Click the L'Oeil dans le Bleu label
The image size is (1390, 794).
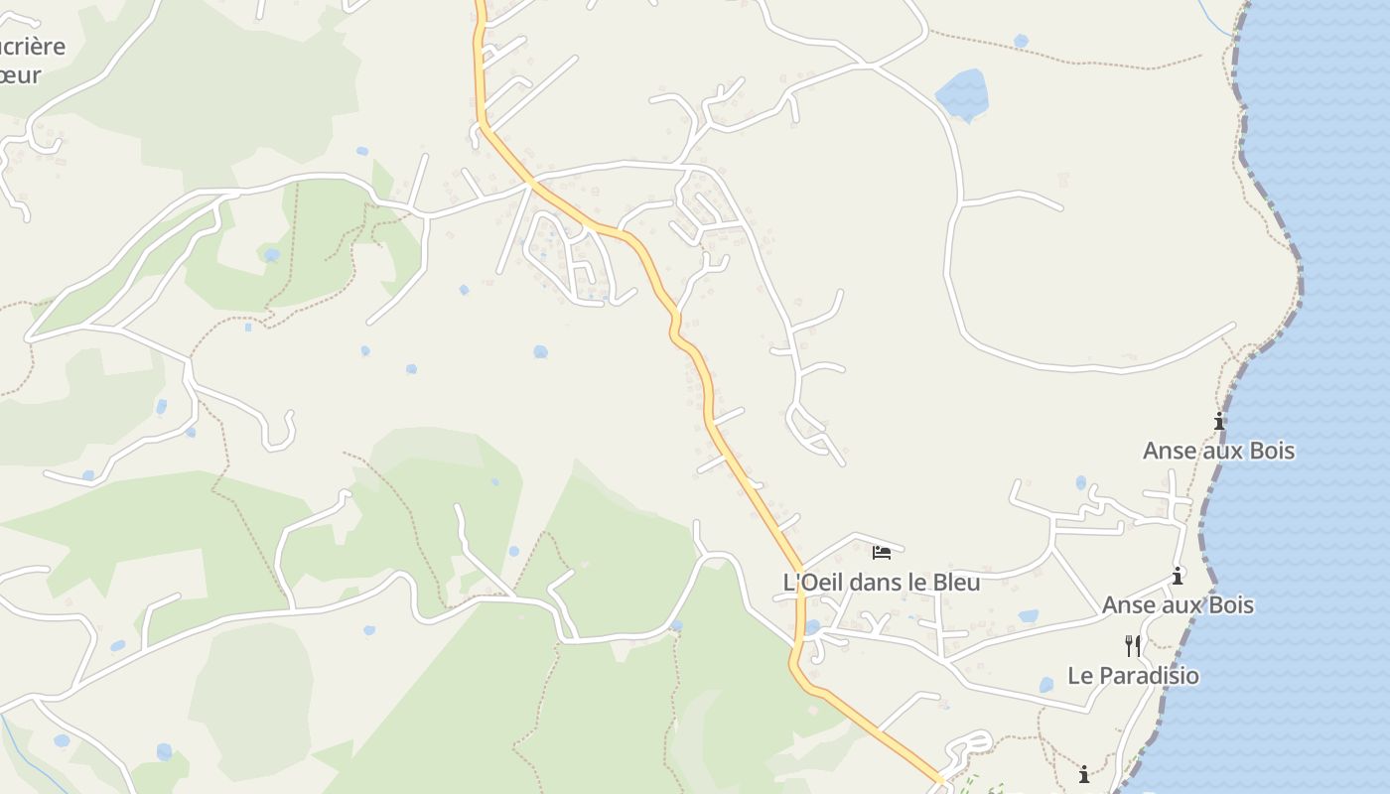pyautogui.click(x=882, y=583)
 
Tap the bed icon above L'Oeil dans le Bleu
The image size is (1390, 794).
pyautogui.click(x=882, y=552)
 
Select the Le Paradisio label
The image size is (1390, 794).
pyautogui.click(x=1133, y=676)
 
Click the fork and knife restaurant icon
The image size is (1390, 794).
pyautogui.click(x=1132, y=646)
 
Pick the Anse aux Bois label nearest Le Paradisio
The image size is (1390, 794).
pyautogui.click(x=1178, y=605)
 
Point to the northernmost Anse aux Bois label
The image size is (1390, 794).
pyautogui.click(x=1218, y=451)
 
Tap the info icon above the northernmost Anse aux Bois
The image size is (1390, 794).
pyautogui.click(x=1219, y=422)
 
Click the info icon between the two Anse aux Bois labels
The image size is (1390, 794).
pyautogui.click(x=1178, y=576)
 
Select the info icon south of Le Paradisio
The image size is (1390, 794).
pyautogui.click(x=1084, y=773)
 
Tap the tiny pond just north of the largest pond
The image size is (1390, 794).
pyautogui.click(x=1021, y=41)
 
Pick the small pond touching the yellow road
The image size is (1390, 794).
pyautogui.click(x=812, y=627)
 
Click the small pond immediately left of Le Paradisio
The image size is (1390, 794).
pyautogui.click(x=1045, y=685)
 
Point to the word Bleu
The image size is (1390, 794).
pyautogui.click(x=953, y=583)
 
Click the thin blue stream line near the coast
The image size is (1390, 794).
pyautogui.click(x=1216, y=19)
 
